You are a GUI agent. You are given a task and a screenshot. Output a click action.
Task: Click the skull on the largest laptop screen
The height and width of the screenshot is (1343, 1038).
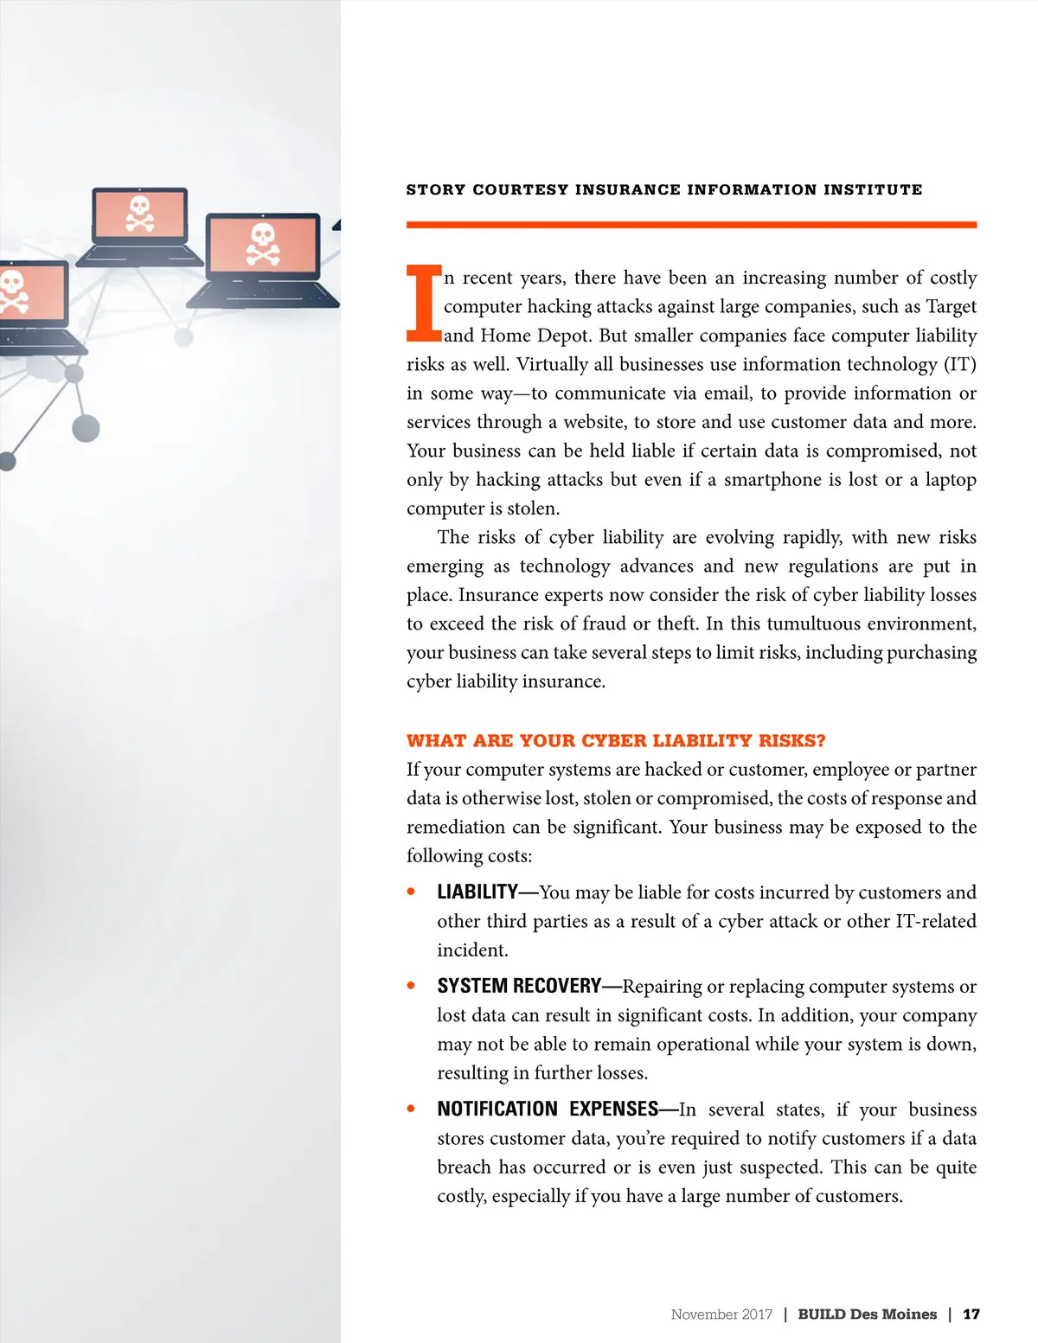click(x=263, y=244)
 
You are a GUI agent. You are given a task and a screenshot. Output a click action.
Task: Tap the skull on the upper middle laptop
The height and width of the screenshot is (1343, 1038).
click(x=140, y=213)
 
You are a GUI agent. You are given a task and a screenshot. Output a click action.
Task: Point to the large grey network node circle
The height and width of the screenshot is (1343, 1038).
click(x=86, y=427)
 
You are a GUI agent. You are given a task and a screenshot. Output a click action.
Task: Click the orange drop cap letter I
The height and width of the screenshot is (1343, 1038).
click(x=424, y=303)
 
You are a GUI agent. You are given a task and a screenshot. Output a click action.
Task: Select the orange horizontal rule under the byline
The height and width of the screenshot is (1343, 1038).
click(x=691, y=225)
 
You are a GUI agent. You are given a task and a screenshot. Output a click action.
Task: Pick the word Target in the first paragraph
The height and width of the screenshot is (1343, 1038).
click(x=951, y=307)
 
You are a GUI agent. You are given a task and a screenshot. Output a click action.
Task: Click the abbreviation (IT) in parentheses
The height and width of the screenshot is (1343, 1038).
click(x=959, y=364)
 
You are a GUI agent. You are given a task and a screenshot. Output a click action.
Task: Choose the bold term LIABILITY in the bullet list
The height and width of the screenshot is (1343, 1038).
click(x=477, y=892)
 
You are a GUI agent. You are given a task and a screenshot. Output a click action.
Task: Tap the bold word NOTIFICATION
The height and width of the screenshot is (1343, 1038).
click(x=497, y=1109)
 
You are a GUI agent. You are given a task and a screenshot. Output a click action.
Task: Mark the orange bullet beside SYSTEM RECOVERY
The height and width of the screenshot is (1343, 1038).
click(x=411, y=985)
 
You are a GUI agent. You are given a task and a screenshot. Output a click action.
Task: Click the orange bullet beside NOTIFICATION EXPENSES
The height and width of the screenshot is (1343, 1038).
click(x=411, y=1108)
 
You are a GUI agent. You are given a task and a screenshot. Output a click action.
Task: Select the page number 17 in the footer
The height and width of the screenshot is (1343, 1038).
click(x=971, y=1314)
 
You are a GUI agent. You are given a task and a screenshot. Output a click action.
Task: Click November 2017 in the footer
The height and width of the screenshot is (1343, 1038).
click(x=721, y=1314)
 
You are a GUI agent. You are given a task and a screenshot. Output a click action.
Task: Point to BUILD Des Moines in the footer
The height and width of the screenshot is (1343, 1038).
click(x=867, y=1314)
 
